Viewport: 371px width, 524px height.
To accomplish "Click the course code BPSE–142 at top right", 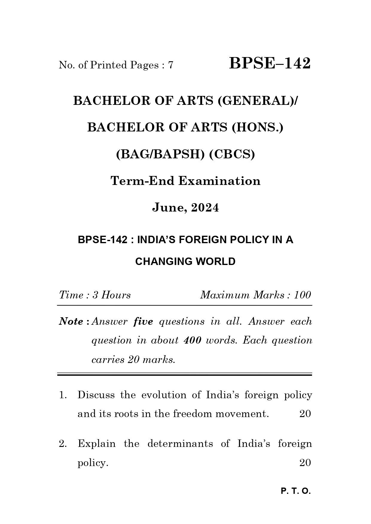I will click(270, 64).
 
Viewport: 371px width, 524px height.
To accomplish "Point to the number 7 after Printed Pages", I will click(171, 65).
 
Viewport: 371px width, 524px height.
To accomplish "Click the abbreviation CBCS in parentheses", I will click(232, 154).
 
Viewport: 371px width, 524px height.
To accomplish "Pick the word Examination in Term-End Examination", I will click(219, 181).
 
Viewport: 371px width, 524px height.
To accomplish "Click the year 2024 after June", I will click(205, 208).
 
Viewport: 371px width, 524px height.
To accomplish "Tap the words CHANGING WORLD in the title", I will click(185, 261).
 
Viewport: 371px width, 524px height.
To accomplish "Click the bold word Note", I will click(71, 322).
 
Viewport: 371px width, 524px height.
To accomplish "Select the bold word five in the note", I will click(143, 322).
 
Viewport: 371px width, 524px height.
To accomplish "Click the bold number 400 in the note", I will click(192, 341).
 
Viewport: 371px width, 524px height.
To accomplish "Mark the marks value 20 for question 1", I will click(305, 414).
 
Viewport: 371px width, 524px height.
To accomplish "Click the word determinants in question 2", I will click(180, 444).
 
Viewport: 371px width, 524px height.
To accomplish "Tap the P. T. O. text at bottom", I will click(296, 491).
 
